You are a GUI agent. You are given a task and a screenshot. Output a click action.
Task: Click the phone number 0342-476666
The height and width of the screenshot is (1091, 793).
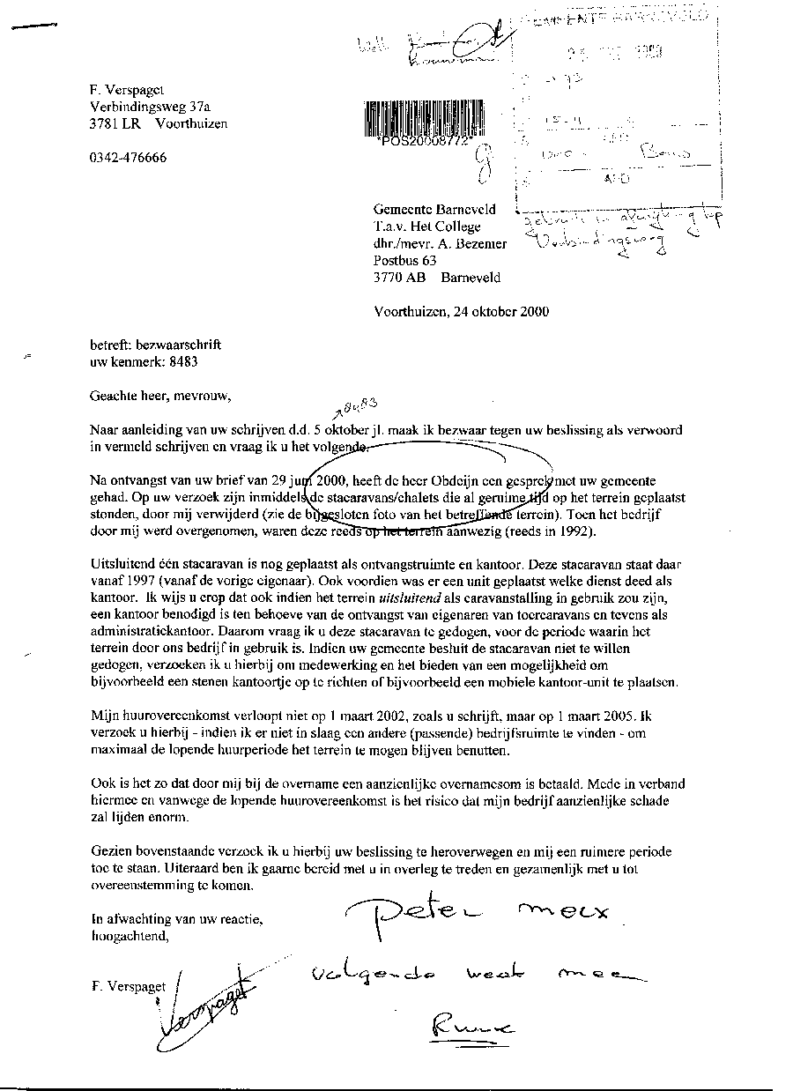click(128, 159)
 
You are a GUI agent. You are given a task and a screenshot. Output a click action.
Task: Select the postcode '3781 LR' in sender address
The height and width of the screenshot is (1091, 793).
click(114, 123)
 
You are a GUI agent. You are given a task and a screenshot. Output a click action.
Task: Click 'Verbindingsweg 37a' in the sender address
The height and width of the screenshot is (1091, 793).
click(145, 107)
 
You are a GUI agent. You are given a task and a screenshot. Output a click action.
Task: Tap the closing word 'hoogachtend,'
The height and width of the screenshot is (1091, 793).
click(129, 936)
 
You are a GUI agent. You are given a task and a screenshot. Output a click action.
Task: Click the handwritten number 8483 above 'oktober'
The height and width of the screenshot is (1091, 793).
click(358, 406)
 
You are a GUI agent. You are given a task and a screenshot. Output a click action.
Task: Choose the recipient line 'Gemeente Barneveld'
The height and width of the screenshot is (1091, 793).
click(435, 210)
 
